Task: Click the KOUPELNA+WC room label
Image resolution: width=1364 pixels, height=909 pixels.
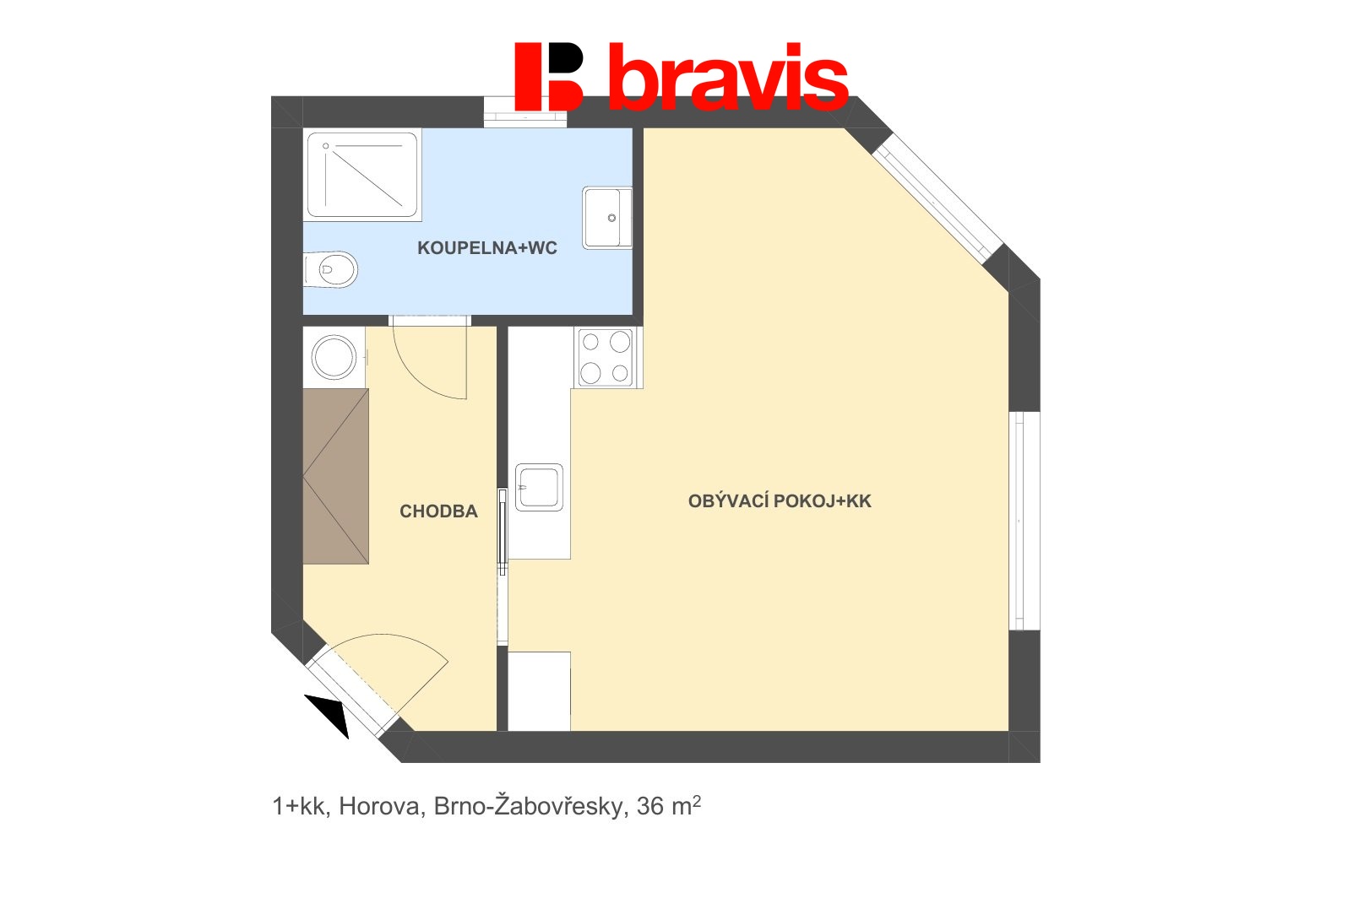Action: click(487, 248)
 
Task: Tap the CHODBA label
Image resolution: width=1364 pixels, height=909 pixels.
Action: click(438, 511)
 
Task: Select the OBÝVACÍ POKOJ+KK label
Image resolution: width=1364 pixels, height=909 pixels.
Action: click(780, 501)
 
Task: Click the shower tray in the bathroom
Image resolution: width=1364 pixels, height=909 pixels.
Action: click(363, 175)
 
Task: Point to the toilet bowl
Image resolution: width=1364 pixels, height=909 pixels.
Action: click(333, 269)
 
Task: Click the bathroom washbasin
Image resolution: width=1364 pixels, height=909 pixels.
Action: click(607, 218)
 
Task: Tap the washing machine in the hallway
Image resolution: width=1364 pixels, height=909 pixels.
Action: click(334, 357)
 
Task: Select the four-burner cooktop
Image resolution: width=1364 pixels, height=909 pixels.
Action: click(606, 357)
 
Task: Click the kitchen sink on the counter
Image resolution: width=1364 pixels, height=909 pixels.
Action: click(539, 487)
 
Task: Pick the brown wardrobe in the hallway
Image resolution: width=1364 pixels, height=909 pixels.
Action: click(335, 476)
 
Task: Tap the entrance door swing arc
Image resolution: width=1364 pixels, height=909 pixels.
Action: click(397, 667)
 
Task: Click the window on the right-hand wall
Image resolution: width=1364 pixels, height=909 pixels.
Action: click(1022, 521)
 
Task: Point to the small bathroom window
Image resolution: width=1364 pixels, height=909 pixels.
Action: click(524, 113)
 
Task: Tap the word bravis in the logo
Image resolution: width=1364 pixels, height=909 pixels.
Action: click(728, 78)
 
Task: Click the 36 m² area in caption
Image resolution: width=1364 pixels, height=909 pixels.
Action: click(669, 806)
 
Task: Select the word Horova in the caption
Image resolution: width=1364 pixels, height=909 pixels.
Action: click(379, 807)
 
